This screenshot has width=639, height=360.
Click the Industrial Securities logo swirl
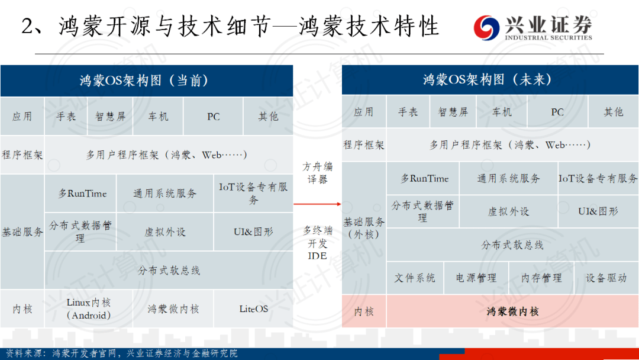(486, 28)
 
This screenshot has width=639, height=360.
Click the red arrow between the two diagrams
(317, 204)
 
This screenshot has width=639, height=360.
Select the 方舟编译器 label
(318, 173)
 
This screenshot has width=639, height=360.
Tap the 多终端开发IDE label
(318, 243)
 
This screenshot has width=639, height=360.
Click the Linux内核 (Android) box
(88, 308)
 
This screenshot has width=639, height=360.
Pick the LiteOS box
(253, 308)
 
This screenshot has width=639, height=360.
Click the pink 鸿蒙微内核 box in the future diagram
(512, 311)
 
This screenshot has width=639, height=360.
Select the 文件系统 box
(415, 278)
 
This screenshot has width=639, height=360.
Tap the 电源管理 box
(476, 278)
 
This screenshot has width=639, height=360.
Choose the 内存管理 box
(541, 278)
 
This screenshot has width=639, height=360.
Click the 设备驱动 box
(606, 278)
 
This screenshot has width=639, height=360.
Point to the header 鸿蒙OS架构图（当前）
(147, 81)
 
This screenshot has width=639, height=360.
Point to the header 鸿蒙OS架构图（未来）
(490, 79)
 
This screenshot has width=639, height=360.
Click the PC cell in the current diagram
(213, 117)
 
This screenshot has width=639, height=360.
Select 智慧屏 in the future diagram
(453, 112)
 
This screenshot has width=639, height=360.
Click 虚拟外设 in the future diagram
(509, 211)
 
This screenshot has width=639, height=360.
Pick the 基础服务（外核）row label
(364, 228)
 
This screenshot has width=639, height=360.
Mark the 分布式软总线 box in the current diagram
(169, 270)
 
